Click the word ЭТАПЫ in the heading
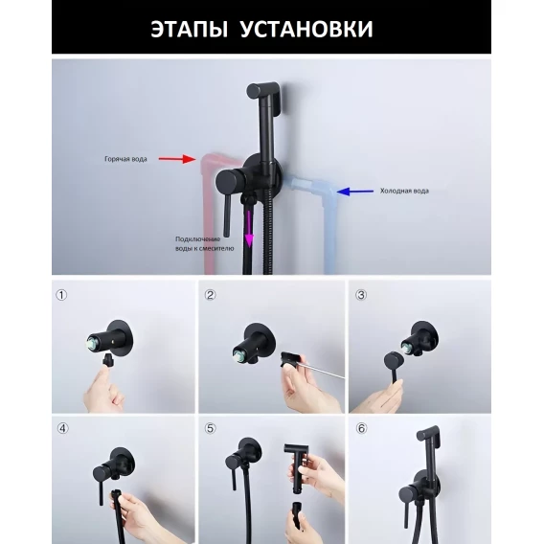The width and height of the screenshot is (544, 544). point(189,29)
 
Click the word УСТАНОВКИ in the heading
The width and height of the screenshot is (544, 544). point(306,29)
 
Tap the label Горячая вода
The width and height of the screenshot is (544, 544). point(125,159)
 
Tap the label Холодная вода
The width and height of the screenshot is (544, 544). point(404,191)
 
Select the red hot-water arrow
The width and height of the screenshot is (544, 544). point(177,159)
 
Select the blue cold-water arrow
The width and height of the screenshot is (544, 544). point(355,192)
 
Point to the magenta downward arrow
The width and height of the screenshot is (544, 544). point(249,226)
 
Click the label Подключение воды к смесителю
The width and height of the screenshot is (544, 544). point(204,243)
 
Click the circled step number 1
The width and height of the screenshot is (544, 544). point(61,295)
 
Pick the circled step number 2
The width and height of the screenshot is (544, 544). point(210,295)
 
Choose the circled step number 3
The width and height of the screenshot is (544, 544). point(361,295)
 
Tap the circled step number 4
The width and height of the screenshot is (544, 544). point(62,428)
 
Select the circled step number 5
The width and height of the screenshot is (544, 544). point(210,428)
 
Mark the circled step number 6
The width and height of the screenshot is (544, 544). point(361,428)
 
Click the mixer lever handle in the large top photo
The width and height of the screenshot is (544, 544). point(227,215)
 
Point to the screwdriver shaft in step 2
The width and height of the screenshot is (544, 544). point(323,370)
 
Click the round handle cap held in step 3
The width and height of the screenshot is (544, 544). point(394,361)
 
